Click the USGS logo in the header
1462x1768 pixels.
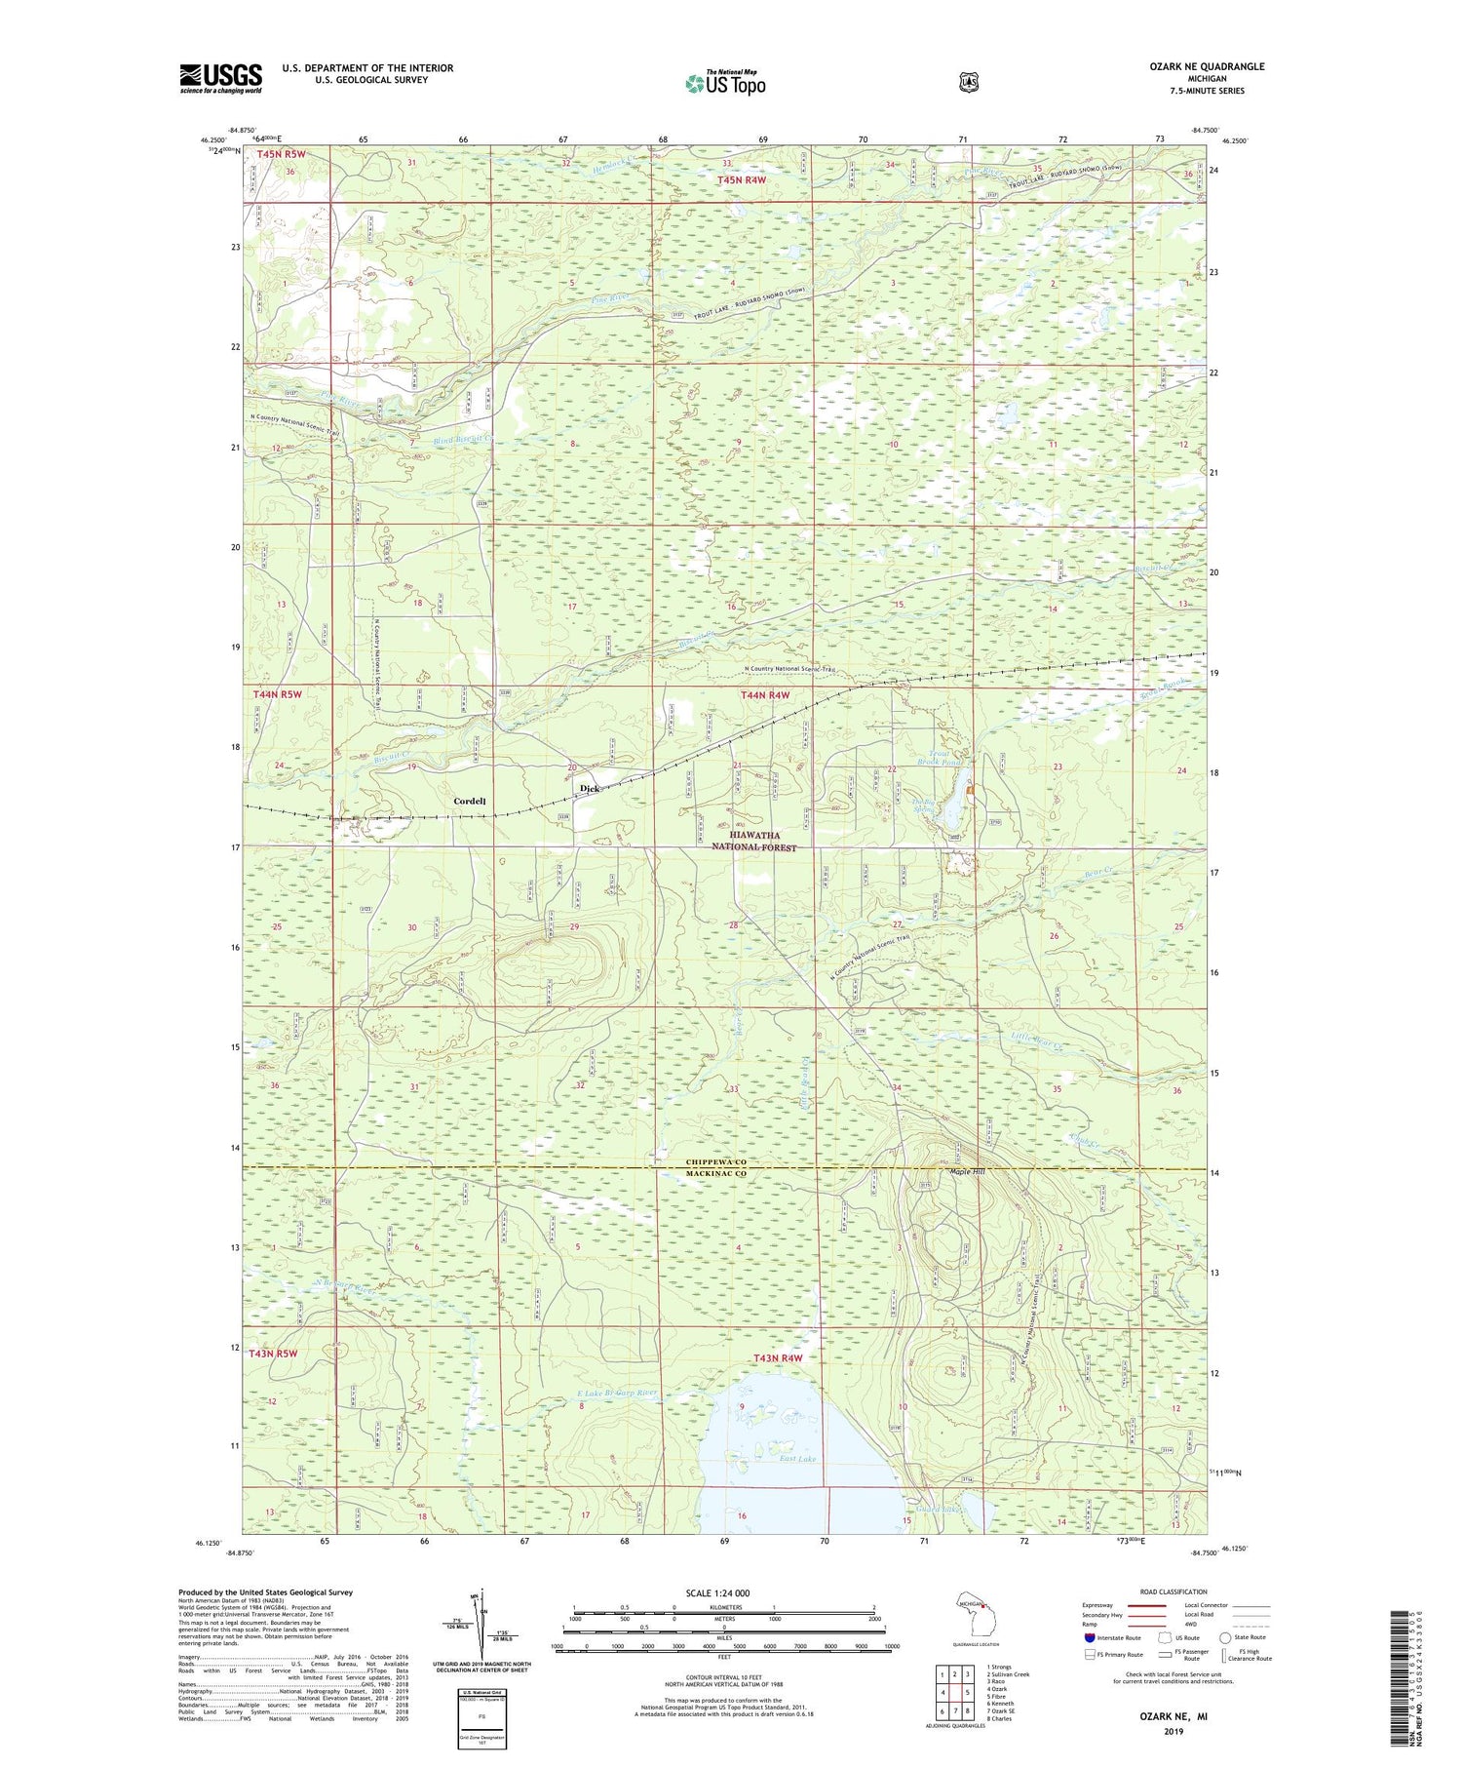coord(220,78)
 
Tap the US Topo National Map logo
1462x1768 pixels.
coord(725,82)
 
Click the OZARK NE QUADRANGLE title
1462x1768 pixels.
coord(1207,66)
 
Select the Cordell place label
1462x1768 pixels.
coord(469,801)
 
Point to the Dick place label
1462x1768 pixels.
coord(589,788)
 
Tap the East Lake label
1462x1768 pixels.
coord(797,1459)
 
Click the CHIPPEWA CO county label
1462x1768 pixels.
coord(715,1162)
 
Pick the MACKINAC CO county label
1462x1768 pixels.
coord(715,1173)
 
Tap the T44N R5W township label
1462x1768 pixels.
coord(278,694)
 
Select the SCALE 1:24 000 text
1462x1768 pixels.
coord(717,1592)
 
